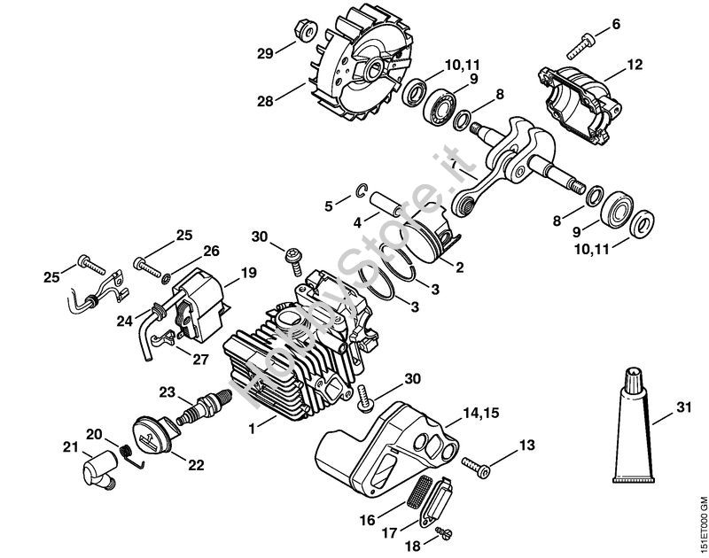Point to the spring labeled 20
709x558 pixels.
pos(129,453)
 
